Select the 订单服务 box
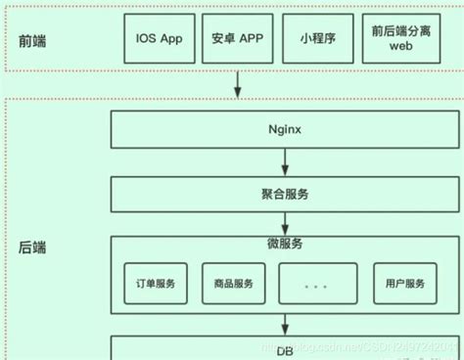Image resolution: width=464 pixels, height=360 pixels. point(156,285)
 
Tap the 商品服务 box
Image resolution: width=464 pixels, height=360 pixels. point(233,285)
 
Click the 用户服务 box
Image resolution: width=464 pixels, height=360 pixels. point(405,285)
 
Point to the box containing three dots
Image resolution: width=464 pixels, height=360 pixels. point(315,285)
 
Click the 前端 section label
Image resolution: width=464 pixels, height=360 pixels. point(33,41)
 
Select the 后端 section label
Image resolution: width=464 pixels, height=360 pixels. point(33,247)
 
